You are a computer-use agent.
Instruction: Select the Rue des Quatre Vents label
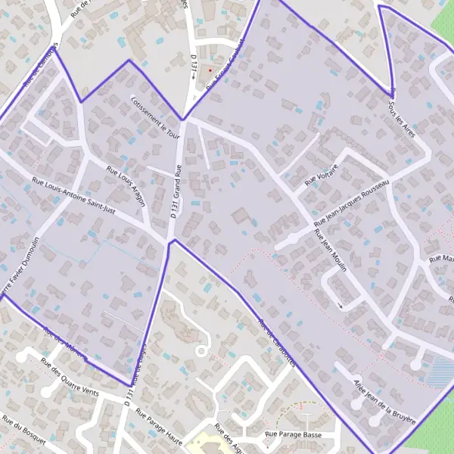[70, 377]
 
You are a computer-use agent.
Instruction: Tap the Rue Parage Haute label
[159, 421]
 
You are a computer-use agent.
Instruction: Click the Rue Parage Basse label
[293, 435]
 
